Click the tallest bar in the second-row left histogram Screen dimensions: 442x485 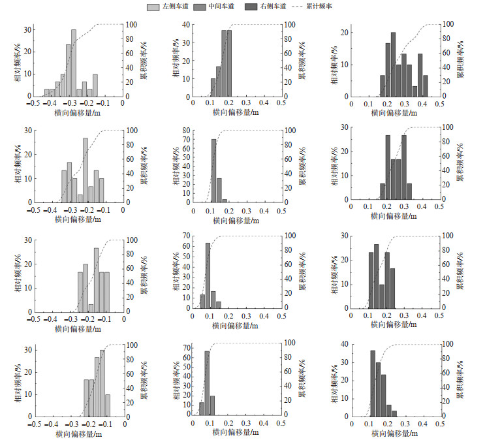coord(85,170)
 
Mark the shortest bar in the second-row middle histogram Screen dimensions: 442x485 coord(225,200)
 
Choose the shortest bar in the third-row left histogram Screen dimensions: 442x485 coord(91,308)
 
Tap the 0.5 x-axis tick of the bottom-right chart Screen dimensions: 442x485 coord(441,424)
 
